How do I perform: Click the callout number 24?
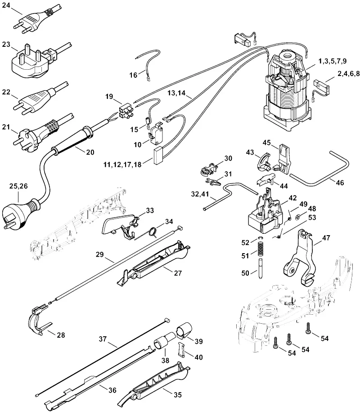coord(6,5)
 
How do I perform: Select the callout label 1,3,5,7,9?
coord(332,61)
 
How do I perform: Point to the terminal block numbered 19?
coord(126,111)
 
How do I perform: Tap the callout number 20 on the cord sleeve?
coord(90,152)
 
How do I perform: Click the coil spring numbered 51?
coord(261,249)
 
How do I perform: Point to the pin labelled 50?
coord(261,268)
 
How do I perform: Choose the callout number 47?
coord(326,238)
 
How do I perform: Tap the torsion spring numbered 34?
coord(153,231)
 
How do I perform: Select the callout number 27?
coord(178,273)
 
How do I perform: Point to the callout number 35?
coord(178,395)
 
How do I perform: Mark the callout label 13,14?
coord(176,93)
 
